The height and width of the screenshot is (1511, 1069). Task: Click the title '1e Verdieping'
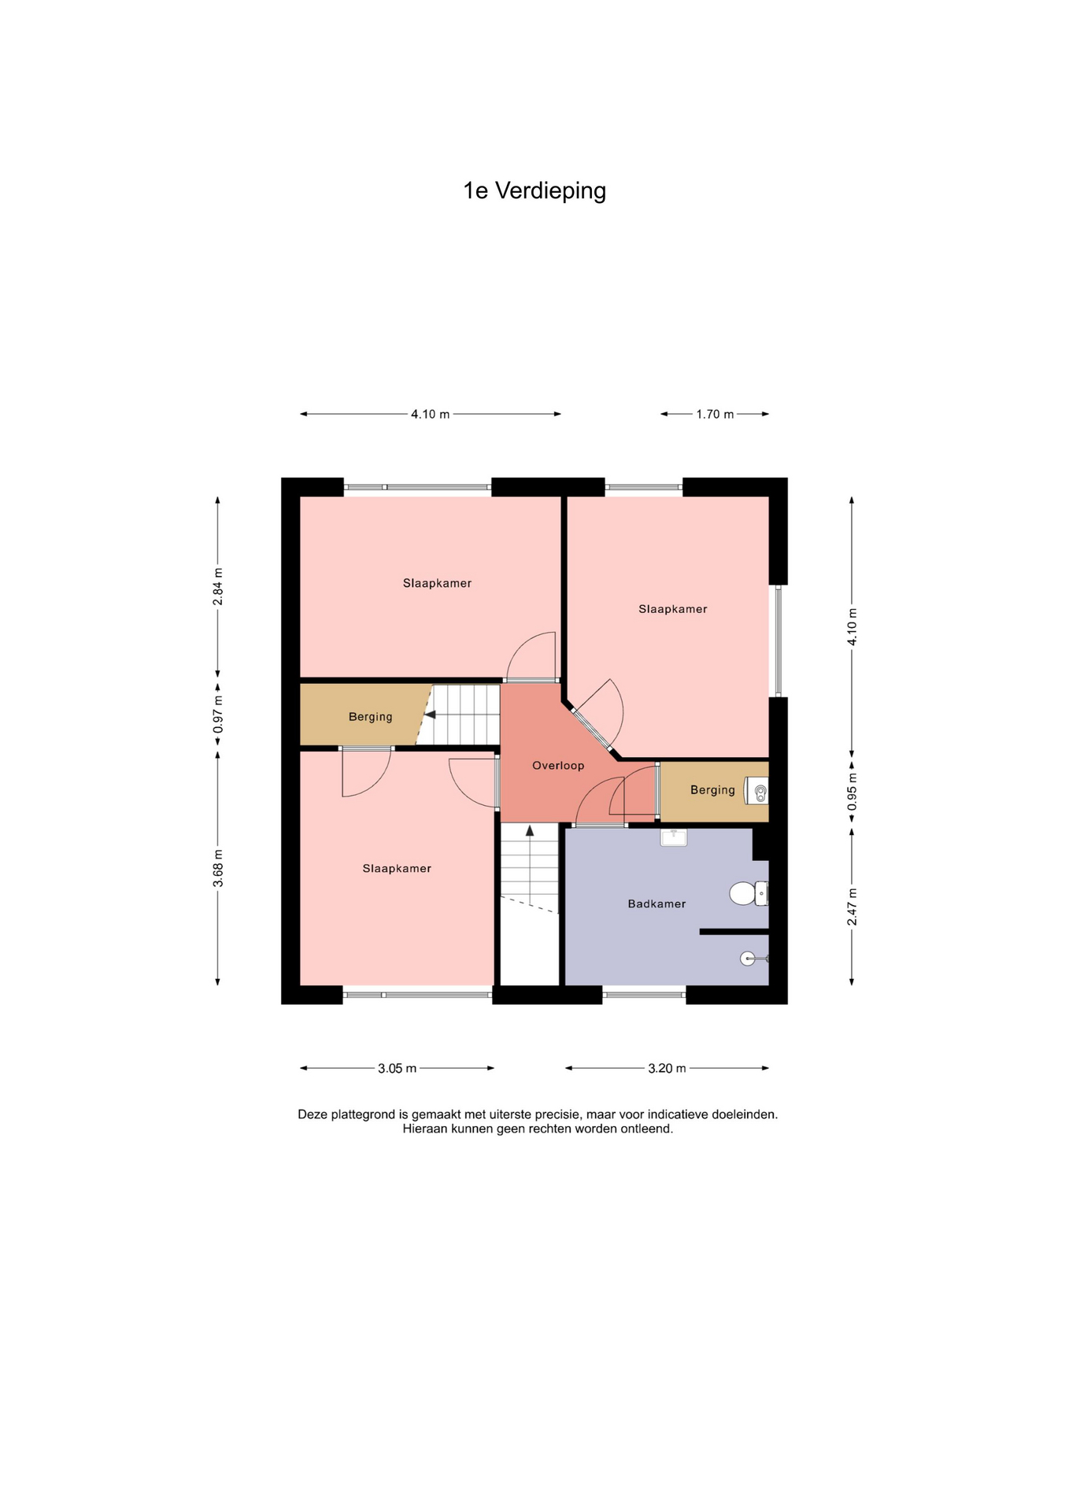pos(534,191)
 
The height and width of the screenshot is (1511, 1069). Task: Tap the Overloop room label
pos(558,766)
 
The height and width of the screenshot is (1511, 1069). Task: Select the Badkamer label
pos(657,904)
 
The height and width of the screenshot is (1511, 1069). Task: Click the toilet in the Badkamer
pos(749,893)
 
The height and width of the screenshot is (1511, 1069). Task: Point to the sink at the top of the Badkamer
pos(674,837)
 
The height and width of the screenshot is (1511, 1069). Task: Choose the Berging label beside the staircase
pos(370,717)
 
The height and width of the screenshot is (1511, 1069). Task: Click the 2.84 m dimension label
pos(218,586)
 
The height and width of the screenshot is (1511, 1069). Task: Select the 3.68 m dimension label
pos(218,868)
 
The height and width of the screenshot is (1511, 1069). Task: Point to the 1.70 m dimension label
pos(715,414)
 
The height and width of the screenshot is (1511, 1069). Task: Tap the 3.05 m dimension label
pos(397,1069)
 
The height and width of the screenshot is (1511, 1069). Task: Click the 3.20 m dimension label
pos(667,1069)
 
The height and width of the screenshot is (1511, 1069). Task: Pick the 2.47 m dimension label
pos(852,907)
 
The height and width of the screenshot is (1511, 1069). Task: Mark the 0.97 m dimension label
pos(218,715)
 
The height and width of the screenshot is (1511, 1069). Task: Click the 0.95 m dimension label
pos(852,792)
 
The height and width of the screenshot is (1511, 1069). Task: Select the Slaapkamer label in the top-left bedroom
pos(437,583)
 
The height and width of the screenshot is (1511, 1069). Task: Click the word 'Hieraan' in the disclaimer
pos(425,1129)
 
